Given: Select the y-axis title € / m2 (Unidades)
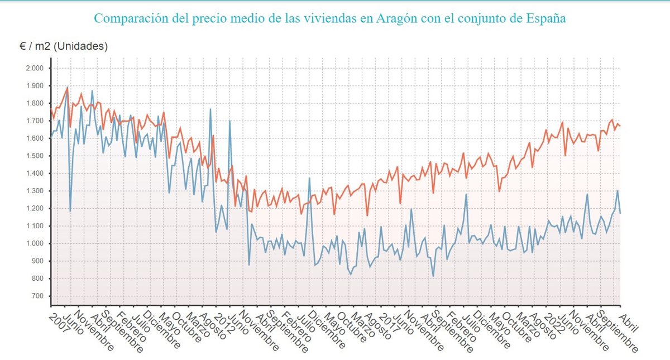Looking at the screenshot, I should click(x=64, y=46).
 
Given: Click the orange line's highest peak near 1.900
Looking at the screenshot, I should click(x=68, y=87).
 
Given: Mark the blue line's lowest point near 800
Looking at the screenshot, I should click(x=433, y=276).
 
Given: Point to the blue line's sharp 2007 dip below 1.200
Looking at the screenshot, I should click(x=70, y=210).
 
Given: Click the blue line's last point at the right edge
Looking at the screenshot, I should click(x=620, y=213).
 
